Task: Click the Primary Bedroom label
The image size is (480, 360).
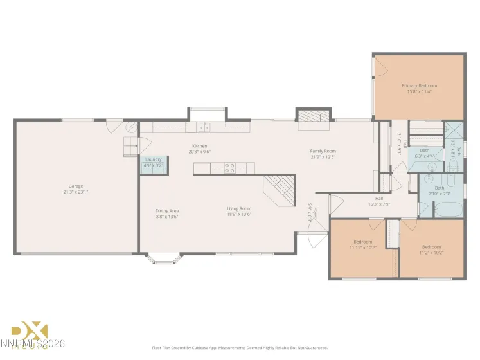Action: [x=419, y=85]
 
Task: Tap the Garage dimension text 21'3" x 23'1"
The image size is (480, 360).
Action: [x=76, y=192]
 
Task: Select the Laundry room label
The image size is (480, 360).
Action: [x=153, y=159]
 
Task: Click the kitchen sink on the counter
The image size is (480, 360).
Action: [x=204, y=127]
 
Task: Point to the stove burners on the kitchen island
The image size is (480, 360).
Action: [x=229, y=168]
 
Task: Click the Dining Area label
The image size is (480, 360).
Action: [x=166, y=211]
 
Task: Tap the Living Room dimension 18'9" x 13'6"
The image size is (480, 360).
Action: [x=238, y=217]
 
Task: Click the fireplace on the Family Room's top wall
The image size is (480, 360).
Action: [x=314, y=116]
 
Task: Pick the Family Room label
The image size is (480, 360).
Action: [x=323, y=151]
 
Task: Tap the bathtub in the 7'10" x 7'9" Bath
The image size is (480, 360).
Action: [x=448, y=210]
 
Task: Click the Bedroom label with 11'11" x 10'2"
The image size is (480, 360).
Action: [x=362, y=242]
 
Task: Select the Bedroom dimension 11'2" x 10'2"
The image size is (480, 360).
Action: [x=431, y=253]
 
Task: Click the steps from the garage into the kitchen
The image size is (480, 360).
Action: [x=130, y=145]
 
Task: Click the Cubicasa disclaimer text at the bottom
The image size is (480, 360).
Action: [x=239, y=348]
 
